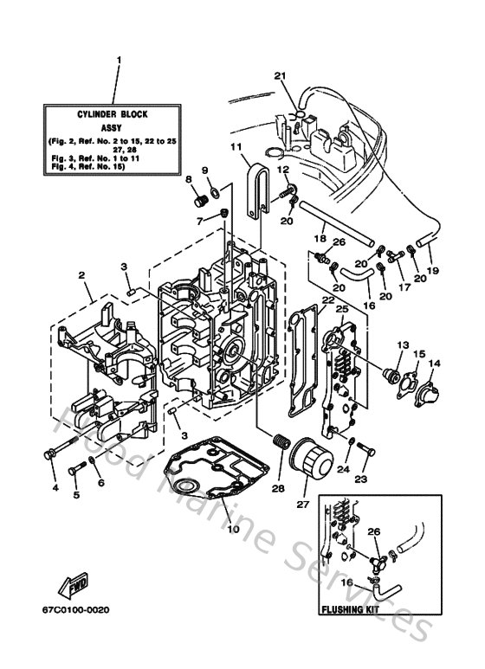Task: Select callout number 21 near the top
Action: (x=279, y=75)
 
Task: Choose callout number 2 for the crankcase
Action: (x=81, y=276)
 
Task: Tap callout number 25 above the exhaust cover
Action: (x=342, y=309)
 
